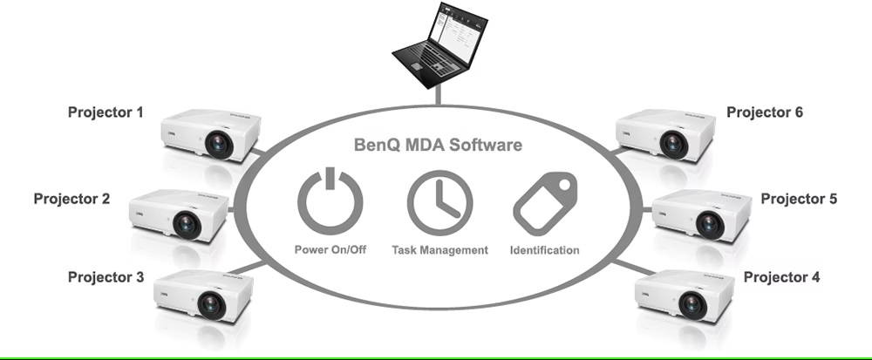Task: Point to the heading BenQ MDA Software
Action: (439, 145)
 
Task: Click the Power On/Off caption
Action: (330, 250)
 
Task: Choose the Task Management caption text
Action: (439, 250)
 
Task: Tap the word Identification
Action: (546, 250)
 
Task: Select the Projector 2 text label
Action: (72, 199)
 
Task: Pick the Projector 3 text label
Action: (106, 277)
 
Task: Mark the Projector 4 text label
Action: (781, 277)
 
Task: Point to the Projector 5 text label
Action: (799, 199)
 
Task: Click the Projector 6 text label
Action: (765, 112)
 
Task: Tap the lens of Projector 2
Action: (186, 225)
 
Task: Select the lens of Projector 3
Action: (211, 304)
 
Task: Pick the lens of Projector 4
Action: (692, 304)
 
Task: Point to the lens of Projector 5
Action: (710, 224)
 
